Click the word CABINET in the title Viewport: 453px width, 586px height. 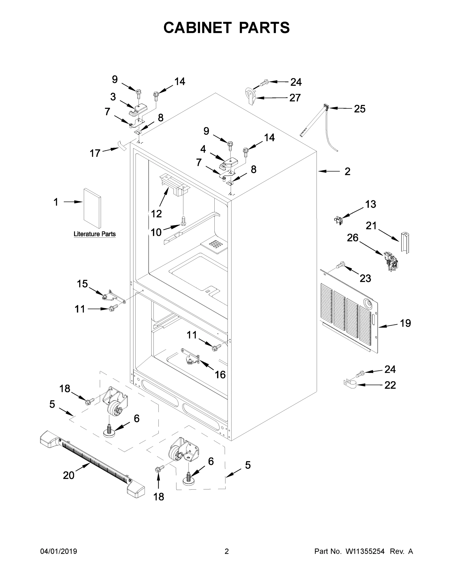click(197, 28)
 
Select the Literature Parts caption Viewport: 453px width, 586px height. click(95, 234)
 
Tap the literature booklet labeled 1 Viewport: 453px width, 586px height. click(92, 208)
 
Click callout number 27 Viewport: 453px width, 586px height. click(295, 98)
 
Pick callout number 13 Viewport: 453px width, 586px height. click(370, 204)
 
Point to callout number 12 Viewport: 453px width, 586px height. click(156, 214)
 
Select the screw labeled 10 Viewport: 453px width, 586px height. click(184, 220)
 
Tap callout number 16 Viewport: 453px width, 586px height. click(220, 375)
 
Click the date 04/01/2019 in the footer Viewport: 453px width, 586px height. click(59, 551)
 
